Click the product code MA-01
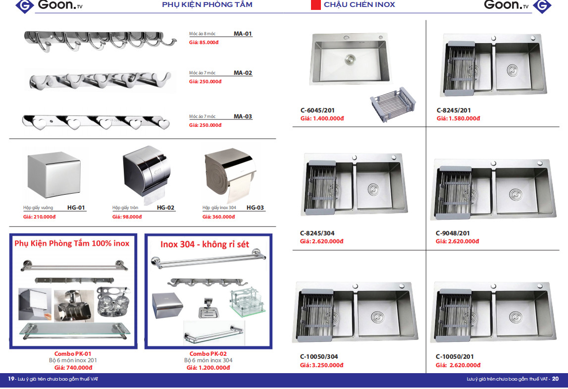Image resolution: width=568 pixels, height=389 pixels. pyautogui.click(x=243, y=34)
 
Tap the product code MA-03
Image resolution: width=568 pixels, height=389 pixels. pyautogui.click(x=243, y=116)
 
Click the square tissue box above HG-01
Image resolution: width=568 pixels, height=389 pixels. pyautogui.click(x=54, y=174)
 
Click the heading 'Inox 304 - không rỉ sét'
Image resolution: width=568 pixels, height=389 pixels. pyautogui.click(x=205, y=244)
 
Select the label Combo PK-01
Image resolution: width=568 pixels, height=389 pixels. pyautogui.click(x=73, y=354)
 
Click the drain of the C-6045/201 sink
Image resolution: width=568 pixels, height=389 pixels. pyautogui.click(x=350, y=59)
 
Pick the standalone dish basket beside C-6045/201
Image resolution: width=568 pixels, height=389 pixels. pyautogui.click(x=393, y=104)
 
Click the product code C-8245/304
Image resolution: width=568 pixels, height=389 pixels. pyautogui.click(x=317, y=233)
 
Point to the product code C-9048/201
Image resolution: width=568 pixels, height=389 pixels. pyautogui.click(x=453, y=233)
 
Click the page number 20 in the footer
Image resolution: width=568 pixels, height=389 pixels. pyautogui.click(x=555, y=379)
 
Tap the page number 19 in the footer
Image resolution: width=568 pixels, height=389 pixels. pyautogui.click(x=11, y=379)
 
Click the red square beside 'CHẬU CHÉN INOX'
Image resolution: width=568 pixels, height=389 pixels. pyautogui.click(x=316, y=5)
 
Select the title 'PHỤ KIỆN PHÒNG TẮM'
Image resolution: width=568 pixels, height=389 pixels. pyautogui.click(x=207, y=5)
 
